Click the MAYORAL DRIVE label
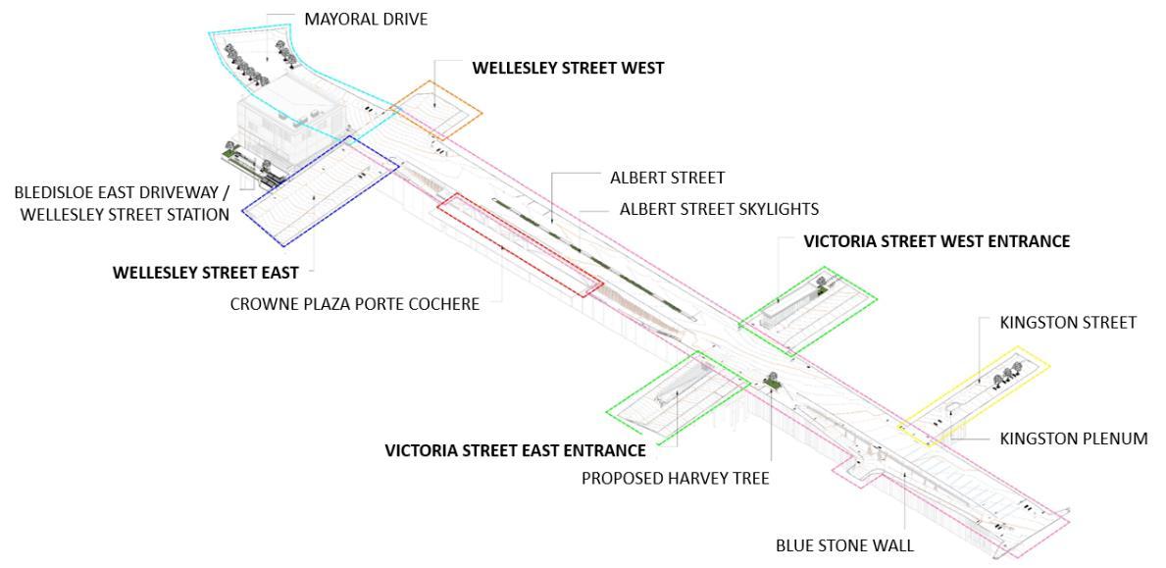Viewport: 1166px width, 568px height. (x=367, y=19)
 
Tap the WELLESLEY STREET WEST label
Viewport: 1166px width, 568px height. (x=568, y=69)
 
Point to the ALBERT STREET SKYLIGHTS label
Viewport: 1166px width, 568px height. (x=719, y=209)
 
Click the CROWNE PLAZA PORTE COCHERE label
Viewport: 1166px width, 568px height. (x=354, y=304)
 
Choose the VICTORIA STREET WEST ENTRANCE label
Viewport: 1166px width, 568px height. (x=937, y=241)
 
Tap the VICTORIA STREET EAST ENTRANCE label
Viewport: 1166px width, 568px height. (x=515, y=450)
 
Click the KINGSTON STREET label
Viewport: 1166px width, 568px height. (x=1067, y=322)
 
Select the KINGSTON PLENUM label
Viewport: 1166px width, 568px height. (x=1073, y=439)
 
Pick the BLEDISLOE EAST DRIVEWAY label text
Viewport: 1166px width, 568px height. (x=122, y=193)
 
